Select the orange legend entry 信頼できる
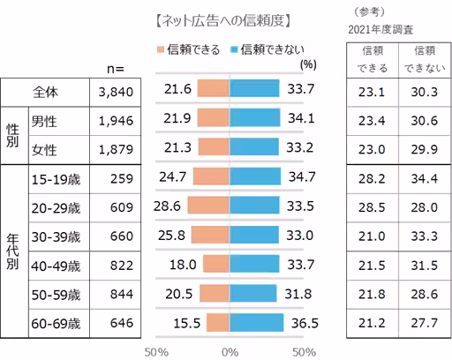point(189,49)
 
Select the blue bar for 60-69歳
point(257,323)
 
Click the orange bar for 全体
point(214,88)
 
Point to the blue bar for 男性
point(254,118)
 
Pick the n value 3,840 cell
point(116,89)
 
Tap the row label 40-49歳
point(56,264)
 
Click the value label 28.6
point(166,206)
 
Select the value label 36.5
point(305,323)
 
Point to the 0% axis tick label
point(230,351)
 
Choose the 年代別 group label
point(11,250)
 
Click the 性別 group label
point(11,132)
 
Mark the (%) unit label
point(308,64)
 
